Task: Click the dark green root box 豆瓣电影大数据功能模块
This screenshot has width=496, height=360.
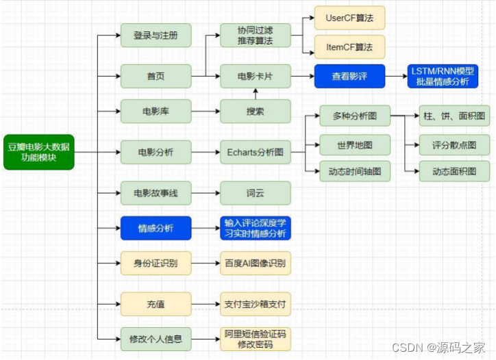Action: (x=38, y=151)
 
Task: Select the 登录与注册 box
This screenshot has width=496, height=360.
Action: (x=156, y=36)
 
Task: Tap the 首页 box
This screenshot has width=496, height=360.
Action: (x=156, y=76)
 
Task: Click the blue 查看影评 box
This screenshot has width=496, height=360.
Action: (x=349, y=76)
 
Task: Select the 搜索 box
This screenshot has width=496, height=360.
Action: (x=255, y=111)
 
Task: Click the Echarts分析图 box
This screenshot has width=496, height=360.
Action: (x=255, y=151)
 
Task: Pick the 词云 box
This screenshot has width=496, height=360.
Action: (x=255, y=193)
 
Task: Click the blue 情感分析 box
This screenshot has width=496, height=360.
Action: (x=156, y=229)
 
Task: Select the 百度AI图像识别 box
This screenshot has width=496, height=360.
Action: (x=255, y=262)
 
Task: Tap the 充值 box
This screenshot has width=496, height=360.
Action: (x=156, y=303)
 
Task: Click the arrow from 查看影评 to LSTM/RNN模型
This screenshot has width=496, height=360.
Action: (x=395, y=76)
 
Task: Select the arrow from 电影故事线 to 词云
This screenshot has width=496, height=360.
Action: (x=206, y=193)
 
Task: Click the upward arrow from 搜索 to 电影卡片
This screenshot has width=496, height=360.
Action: (x=255, y=94)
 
